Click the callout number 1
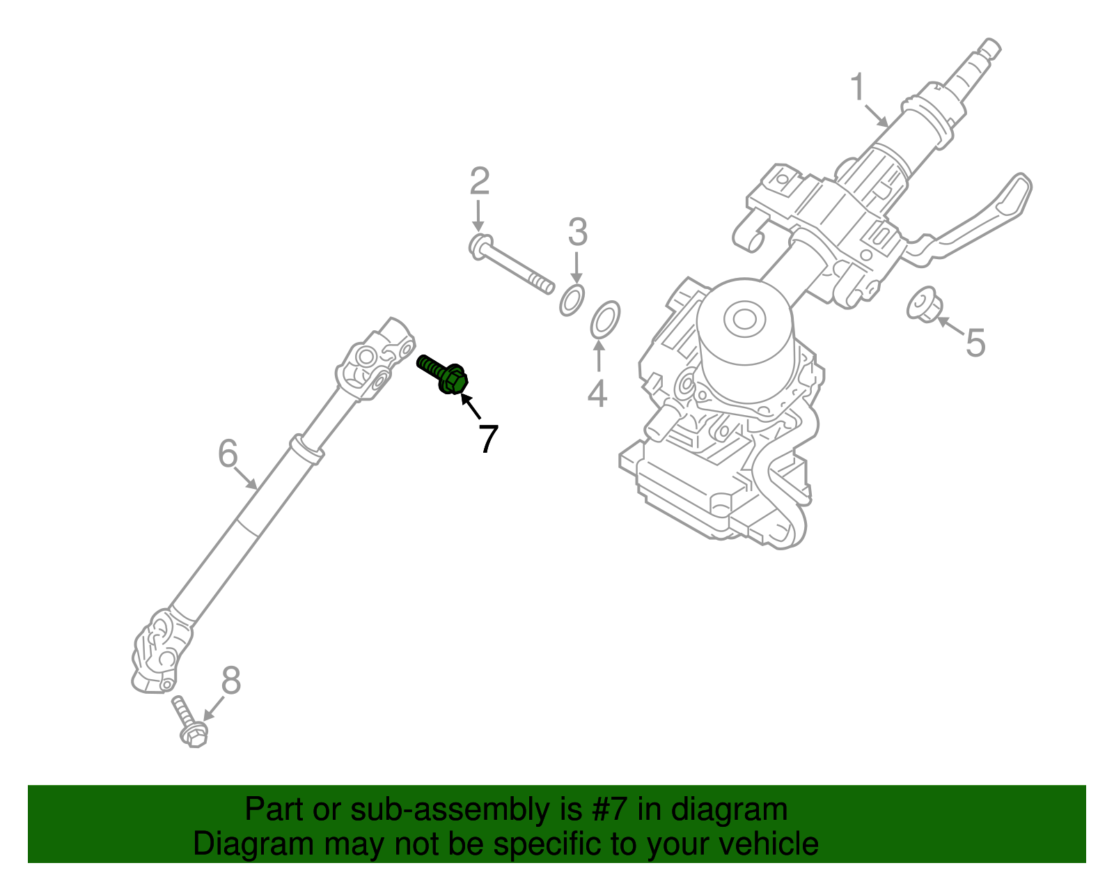point(858,88)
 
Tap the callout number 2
point(479,181)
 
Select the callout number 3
point(577,232)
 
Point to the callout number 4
point(597,394)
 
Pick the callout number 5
point(975,343)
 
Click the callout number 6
point(228,453)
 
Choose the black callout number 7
point(489,439)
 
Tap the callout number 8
point(230,681)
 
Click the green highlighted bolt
point(444,374)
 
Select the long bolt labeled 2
point(512,265)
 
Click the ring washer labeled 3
point(572,300)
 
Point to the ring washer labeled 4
point(605,318)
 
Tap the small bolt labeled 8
point(188,722)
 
